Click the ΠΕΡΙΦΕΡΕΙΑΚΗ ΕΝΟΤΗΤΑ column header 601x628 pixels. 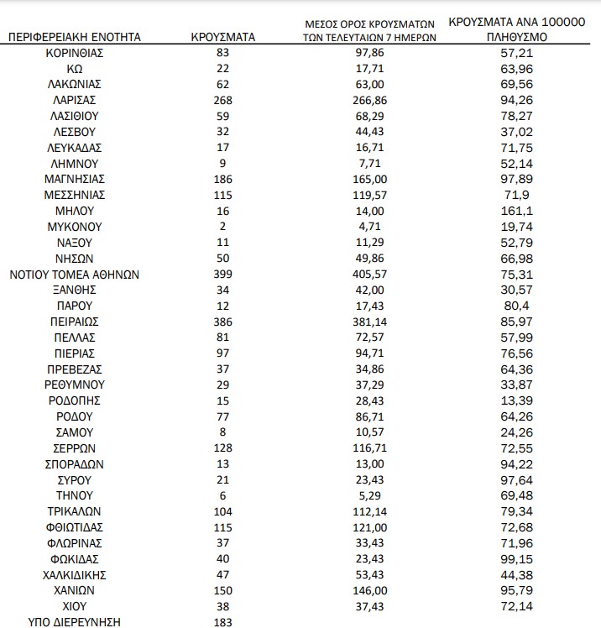pos(74,37)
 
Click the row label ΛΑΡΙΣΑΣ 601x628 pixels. pos(74,100)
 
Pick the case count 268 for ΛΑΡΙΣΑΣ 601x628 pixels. pos(222,100)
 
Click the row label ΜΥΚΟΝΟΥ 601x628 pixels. pos(74,227)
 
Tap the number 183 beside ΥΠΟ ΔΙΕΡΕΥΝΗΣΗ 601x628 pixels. pos(222,621)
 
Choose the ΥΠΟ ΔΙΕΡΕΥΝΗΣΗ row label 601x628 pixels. pos(74,621)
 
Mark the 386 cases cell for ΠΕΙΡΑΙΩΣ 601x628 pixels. pos(222,322)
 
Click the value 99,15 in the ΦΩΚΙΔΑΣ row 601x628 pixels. pos(515,558)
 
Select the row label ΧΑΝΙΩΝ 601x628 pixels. pos(74,589)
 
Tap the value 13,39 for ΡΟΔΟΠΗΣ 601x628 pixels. pos(515,400)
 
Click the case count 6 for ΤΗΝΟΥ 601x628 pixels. pos(222,495)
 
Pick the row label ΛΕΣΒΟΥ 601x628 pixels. pos(74,132)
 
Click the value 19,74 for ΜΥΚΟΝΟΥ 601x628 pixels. pos(515,227)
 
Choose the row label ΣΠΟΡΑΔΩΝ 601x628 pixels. pos(74,463)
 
